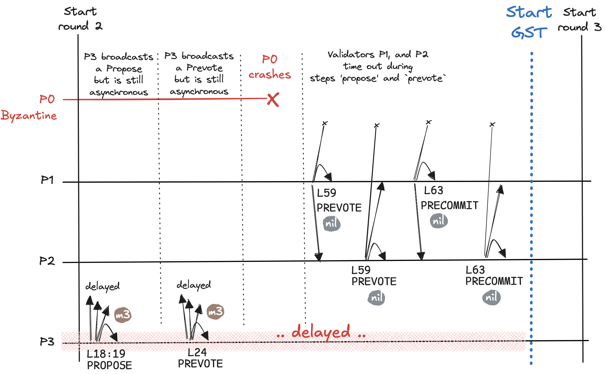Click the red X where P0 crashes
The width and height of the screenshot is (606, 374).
[x=273, y=100]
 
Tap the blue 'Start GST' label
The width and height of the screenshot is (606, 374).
[x=529, y=22]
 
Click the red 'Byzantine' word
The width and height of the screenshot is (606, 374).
[x=29, y=116]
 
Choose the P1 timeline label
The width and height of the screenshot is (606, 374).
[x=47, y=180]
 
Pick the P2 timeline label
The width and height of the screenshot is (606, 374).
[x=47, y=261]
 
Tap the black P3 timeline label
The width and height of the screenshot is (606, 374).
[x=47, y=342]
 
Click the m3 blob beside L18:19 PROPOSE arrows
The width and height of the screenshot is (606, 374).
[x=123, y=315]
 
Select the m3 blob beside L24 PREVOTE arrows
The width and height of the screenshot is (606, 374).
[x=215, y=311]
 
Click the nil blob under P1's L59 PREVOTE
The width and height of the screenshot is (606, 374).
[x=331, y=224]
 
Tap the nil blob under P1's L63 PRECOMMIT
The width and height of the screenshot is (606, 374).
[x=439, y=221]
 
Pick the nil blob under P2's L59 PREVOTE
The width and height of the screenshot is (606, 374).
[x=377, y=298]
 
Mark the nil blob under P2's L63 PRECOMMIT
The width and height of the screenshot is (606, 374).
[x=491, y=297]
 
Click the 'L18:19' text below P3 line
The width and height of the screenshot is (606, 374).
[x=106, y=354]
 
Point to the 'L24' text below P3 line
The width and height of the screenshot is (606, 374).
[x=197, y=352]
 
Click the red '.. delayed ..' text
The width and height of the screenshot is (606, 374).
[x=321, y=333]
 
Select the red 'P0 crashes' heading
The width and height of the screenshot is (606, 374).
[x=270, y=67]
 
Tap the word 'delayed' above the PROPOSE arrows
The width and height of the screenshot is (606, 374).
[x=102, y=286]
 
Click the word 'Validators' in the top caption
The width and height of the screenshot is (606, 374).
[x=351, y=55]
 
